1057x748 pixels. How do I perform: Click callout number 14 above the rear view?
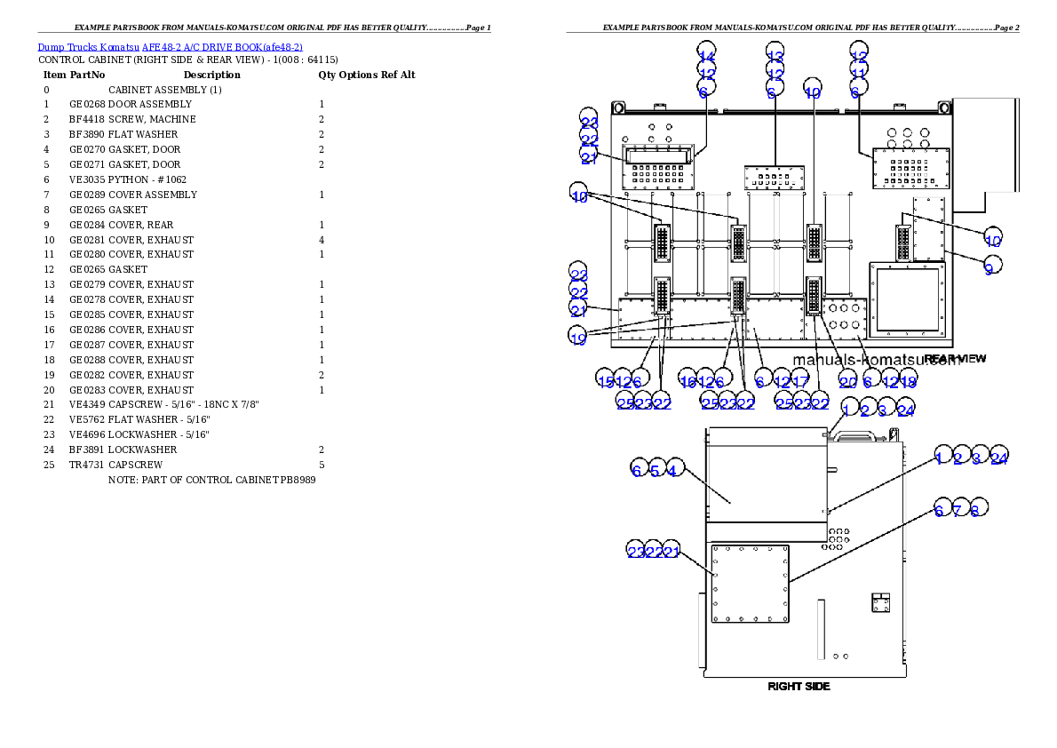click(x=706, y=52)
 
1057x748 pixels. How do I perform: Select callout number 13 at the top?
click(x=775, y=52)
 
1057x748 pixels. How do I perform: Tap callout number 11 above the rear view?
click(x=858, y=69)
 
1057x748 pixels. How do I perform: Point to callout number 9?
click(x=992, y=264)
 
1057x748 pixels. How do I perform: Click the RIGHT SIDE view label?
click(x=799, y=686)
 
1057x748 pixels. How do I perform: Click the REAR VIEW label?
click(x=955, y=359)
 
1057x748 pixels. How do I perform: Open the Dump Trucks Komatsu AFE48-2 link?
click(x=170, y=47)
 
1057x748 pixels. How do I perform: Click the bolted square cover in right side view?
click(x=750, y=584)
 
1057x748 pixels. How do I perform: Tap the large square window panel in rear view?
click(x=906, y=298)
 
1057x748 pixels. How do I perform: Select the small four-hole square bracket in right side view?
click(x=880, y=603)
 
